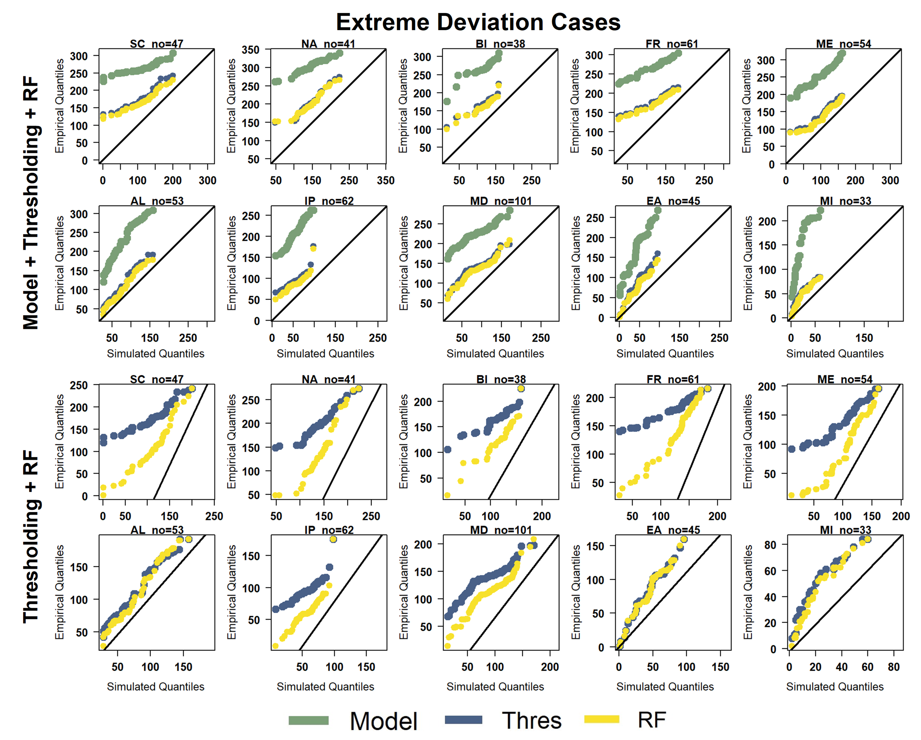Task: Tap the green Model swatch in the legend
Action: [x=308, y=721]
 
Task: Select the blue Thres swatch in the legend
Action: [x=463, y=720]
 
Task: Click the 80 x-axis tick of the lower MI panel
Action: [x=894, y=667]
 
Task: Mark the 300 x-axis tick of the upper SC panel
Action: [x=208, y=181]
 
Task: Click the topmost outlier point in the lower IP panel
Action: [x=333, y=539]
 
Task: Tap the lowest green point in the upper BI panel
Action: [x=447, y=101]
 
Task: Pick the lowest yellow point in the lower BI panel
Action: [x=447, y=495]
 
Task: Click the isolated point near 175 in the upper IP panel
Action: [x=313, y=247]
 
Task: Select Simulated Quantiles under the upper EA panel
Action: [x=665, y=353]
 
